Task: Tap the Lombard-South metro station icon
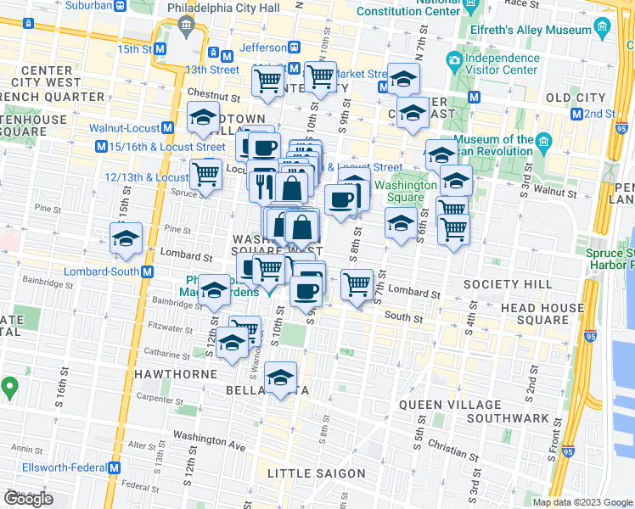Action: click(x=148, y=271)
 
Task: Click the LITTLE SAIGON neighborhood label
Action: click(x=316, y=473)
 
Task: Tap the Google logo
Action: click(x=28, y=499)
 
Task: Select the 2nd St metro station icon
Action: click(x=576, y=114)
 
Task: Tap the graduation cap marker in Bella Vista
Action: click(x=280, y=378)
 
